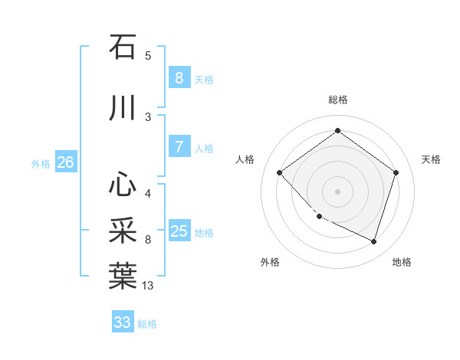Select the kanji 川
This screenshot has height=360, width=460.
coord(123,109)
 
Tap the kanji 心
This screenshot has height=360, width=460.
coord(123,185)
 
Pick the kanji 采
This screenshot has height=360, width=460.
coord(123,230)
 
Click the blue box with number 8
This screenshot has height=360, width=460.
coord(179,77)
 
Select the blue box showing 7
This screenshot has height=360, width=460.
coord(179,147)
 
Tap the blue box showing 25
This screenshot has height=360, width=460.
coord(179,231)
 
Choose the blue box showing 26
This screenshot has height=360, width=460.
coord(65,162)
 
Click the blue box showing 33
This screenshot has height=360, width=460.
coord(123,322)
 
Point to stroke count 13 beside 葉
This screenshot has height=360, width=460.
coord(148,286)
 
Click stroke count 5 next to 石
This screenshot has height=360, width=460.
coord(148,55)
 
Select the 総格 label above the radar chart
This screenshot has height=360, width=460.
coord(337,100)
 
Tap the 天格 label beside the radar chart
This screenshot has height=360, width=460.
coord(431,159)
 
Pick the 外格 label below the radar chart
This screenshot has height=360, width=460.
coord(270,262)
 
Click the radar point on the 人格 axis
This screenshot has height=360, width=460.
coord(280,173)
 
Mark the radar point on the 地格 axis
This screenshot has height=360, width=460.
coord(373,242)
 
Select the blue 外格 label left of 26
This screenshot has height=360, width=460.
coord(41,163)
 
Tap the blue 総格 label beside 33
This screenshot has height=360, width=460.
coord(147,324)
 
